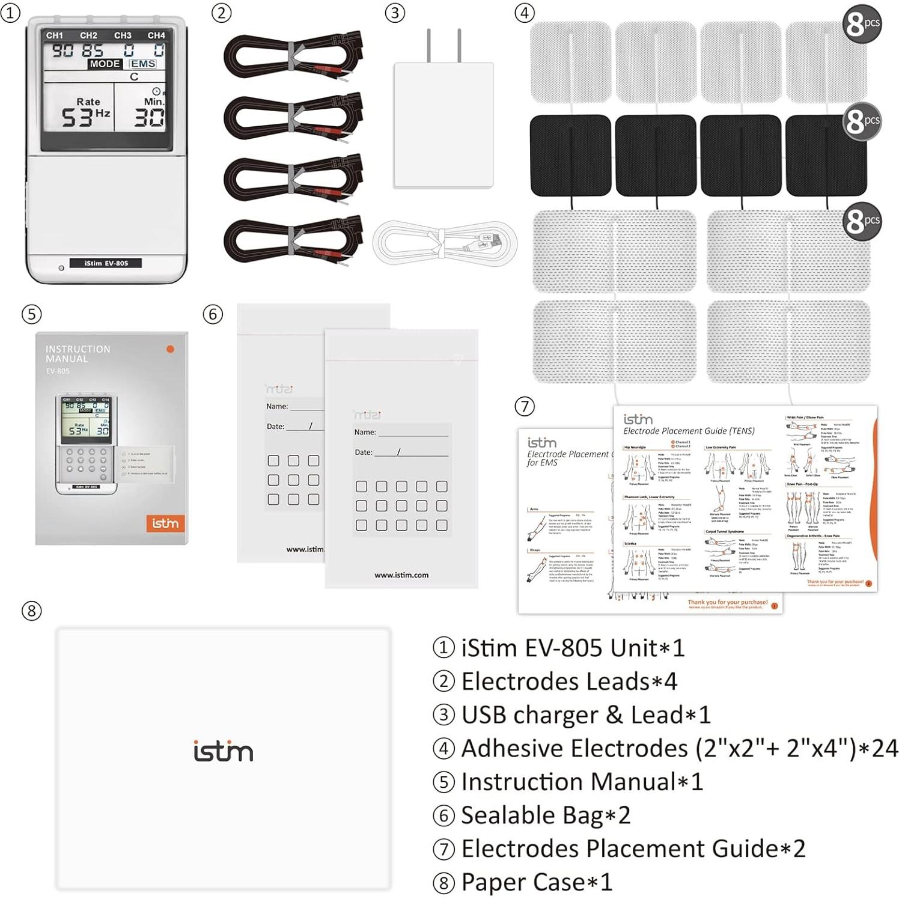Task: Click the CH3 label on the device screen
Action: (123, 35)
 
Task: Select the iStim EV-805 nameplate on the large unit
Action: (106, 263)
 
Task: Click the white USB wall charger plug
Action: (443, 120)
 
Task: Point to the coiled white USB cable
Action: (444, 243)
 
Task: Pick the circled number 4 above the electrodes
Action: (524, 13)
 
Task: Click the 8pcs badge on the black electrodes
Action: (862, 122)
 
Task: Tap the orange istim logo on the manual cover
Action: (165, 523)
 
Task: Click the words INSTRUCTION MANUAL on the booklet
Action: (78, 353)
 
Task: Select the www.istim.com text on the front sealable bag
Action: (401, 575)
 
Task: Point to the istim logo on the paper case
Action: (223, 752)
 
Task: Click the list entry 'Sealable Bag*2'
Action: (545, 815)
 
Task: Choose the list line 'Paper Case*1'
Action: (536, 882)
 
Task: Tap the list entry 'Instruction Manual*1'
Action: (581, 782)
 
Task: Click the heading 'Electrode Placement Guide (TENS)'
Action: (689, 431)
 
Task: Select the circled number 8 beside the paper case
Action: (31, 611)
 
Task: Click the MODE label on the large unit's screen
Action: (105, 64)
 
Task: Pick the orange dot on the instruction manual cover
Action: (170, 349)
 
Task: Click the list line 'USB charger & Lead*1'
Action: (585, 715)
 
